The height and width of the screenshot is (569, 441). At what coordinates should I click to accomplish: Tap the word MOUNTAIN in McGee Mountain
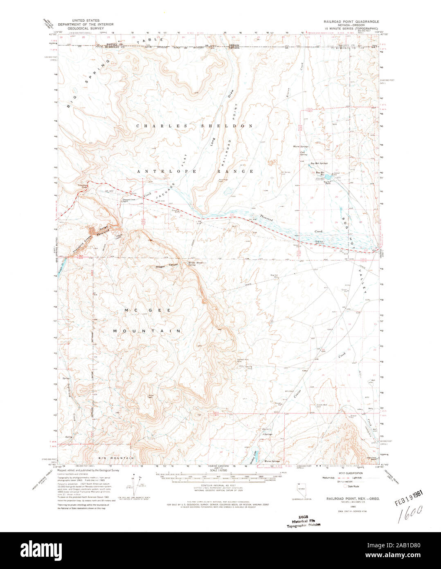(147, 331)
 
